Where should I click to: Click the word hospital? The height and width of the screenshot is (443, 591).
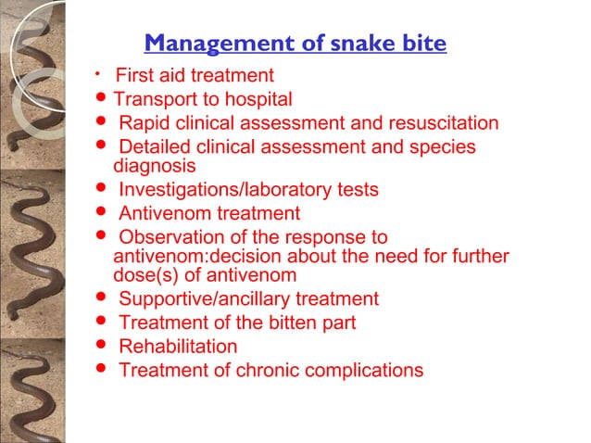click(x=259, y=99)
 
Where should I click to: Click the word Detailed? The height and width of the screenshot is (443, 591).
click(x=156, y=147)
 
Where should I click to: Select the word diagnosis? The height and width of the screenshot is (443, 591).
click(x=154, y=167)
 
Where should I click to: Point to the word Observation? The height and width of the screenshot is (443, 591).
click(x=171, y=237)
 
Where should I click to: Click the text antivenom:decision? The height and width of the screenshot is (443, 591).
click(x=195, y=257)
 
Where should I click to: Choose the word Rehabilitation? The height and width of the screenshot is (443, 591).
click(x=178, y=347)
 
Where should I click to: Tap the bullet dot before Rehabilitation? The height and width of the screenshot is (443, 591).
click(x=100, y=347)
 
